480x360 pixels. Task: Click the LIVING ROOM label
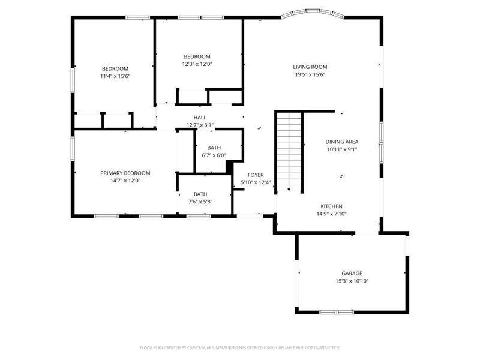310,67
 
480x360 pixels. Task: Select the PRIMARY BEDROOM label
125,173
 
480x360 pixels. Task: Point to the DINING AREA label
342,142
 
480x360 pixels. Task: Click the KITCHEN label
332,205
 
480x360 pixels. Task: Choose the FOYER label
256,175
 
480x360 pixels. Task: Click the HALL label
200,118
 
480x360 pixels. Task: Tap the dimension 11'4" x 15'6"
115,76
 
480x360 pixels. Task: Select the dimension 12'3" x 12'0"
197,64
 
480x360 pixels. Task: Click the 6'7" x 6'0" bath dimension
214,155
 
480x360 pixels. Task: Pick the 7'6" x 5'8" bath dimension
200,202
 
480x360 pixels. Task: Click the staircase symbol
289,151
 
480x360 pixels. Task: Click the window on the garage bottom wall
337,312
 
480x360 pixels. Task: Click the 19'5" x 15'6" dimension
310,75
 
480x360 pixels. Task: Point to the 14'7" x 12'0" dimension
125,181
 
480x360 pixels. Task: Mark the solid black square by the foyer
229,167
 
